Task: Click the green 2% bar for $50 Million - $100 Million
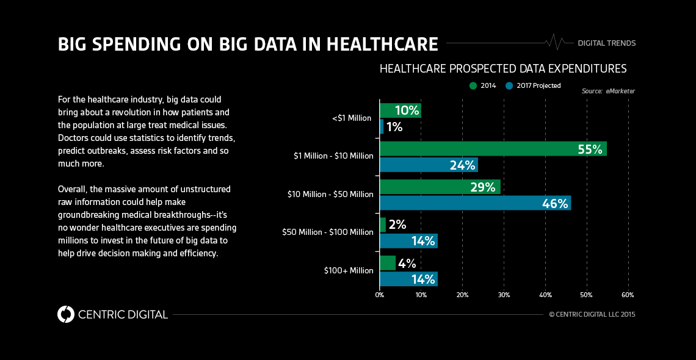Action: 383,225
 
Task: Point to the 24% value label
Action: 462,165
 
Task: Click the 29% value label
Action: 482,187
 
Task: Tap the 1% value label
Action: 394,127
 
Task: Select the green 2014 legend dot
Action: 473,85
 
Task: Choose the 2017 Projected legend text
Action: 538,85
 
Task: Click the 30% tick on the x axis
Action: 504,295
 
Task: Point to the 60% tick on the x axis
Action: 628,295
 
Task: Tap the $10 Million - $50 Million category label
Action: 330,194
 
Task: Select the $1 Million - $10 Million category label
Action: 333,156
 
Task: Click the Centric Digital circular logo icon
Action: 65,314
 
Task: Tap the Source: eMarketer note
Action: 607,91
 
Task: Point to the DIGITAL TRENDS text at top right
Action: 606,43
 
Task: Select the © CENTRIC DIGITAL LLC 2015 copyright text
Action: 592,315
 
